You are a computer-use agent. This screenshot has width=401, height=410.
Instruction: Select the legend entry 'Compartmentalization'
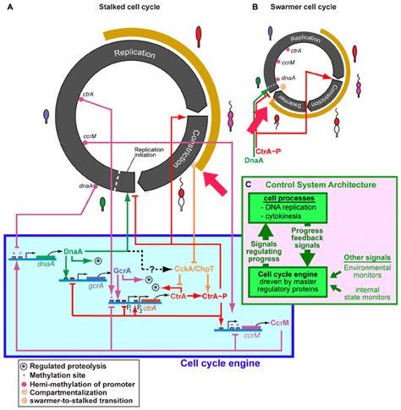69,395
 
